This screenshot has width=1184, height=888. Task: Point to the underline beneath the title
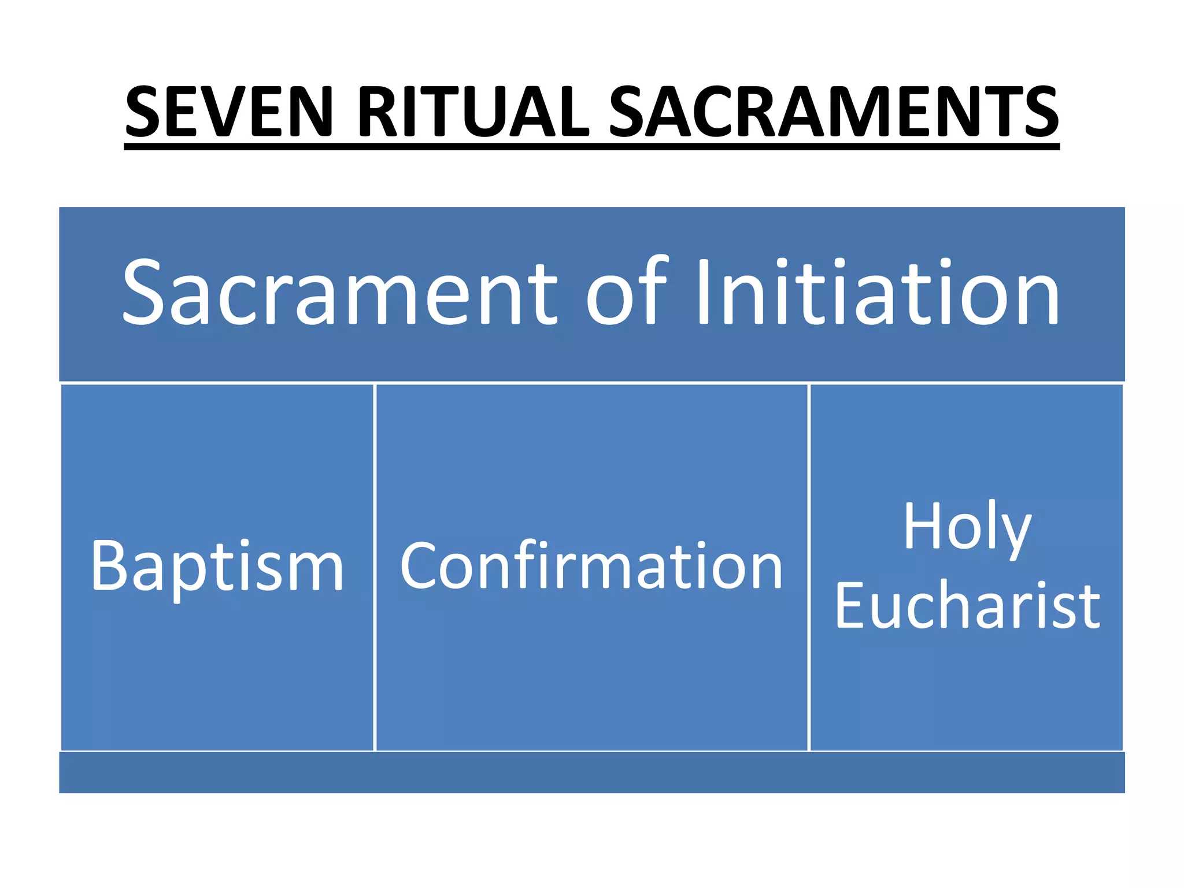[591, 147]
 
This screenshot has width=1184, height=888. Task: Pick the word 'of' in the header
[627, 292]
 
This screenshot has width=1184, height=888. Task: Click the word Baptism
[217, 567]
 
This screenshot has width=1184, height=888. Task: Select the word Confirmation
[591, 567]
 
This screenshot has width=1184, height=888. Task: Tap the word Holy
[967, 527]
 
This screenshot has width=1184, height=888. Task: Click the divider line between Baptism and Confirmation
[375, 567]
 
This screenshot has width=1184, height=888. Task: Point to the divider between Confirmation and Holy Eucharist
[809, 567]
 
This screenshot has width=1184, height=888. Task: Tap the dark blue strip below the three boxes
[591, 772]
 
